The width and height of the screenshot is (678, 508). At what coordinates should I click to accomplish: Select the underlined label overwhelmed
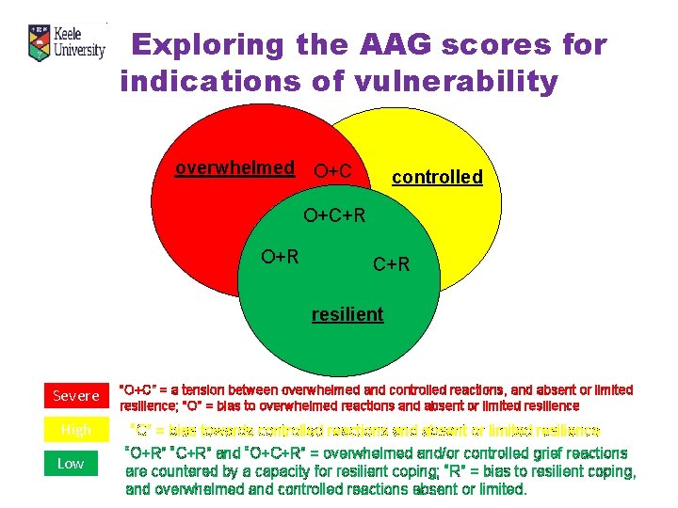tap(234, 167)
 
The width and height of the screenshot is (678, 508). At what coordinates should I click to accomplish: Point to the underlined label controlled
tap(437, 177)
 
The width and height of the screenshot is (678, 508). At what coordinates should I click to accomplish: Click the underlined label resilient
tap(347, 314)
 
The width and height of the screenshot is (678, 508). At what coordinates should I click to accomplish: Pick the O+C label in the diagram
tap(332, 170)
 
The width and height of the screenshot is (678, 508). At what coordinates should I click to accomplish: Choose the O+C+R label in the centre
tap(334, 217)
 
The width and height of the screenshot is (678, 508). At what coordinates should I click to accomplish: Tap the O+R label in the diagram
tap(281, 256)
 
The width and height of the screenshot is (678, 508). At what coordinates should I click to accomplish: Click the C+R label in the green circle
tap(392, 264)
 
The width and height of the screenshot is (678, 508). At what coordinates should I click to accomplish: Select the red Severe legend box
tap(75, 396)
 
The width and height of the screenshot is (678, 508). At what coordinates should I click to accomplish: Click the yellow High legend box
tap(75, 430)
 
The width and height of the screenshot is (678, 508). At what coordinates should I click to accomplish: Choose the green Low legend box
tap(71, 463)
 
